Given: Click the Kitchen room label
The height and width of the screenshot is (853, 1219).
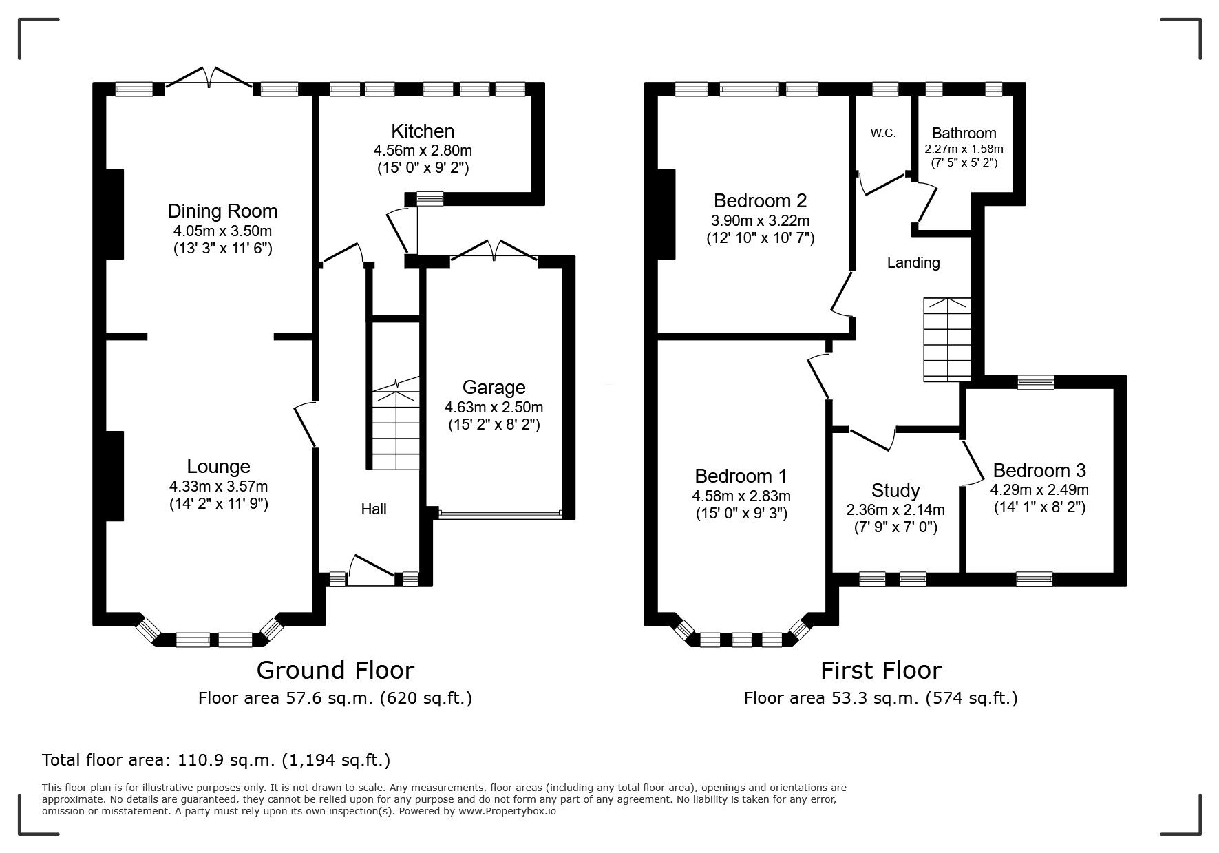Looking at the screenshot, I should pos(423,131).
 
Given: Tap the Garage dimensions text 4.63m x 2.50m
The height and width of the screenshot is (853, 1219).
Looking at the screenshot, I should pos(494,407).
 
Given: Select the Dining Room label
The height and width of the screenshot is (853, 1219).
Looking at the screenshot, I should pos(222,211).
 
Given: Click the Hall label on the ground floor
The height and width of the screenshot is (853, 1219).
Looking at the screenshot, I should pos(374,509).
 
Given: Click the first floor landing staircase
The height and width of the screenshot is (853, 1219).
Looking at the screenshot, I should pos(947,341).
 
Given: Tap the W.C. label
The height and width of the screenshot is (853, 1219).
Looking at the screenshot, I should pos(882,134).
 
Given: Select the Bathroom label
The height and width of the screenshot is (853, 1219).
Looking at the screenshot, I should pos(964,134).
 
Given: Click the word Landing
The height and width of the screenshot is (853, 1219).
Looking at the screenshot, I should pos(913,262).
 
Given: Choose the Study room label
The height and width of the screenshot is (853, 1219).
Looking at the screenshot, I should pos(895,491).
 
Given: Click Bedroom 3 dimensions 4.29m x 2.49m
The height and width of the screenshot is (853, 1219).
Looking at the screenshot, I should pos(1039,490).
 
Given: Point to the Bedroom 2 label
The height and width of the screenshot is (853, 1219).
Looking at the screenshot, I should pos(760,201).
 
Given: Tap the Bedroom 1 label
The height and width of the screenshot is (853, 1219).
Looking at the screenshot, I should pos(741,476).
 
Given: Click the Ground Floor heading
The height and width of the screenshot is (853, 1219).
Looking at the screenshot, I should pos(335,670).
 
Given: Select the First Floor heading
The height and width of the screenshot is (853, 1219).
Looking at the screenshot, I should pos(880,670).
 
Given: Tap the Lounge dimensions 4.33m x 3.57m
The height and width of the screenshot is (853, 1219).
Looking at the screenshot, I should pos(218,486).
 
